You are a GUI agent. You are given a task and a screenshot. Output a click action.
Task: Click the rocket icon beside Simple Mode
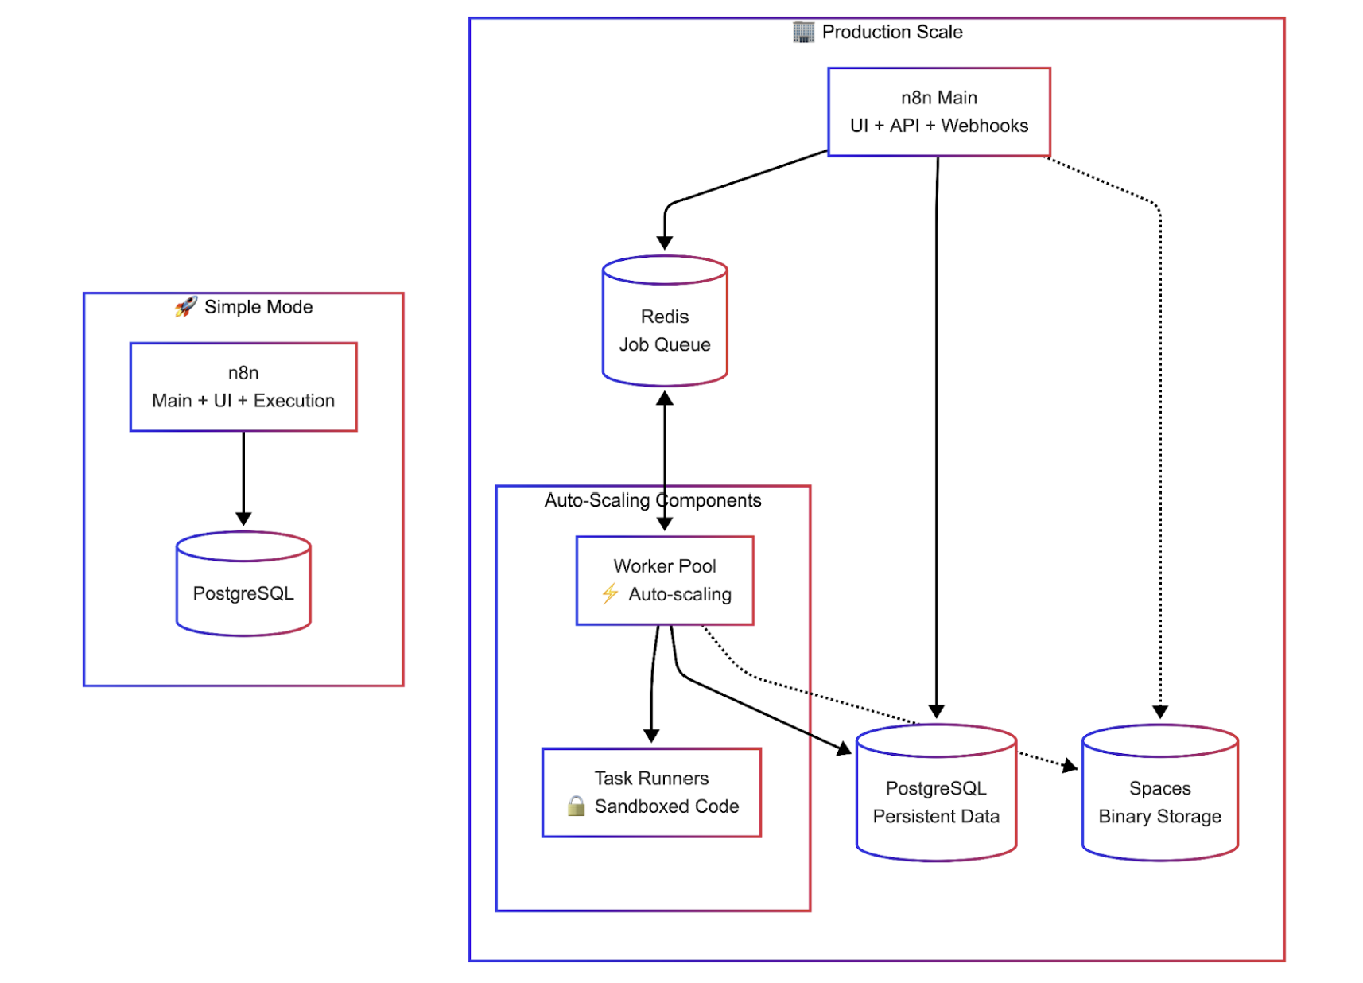[x=186, y=306]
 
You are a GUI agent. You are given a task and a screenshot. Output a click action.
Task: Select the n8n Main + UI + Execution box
[x=243, y=387]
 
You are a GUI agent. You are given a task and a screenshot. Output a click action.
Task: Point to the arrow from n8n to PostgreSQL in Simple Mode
[x=243, y=477]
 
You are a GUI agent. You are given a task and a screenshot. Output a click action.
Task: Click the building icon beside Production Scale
[x=803, y=32]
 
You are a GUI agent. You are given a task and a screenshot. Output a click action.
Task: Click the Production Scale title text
[x=891, y=32]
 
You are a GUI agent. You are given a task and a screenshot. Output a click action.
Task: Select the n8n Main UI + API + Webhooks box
[x=938, y=112]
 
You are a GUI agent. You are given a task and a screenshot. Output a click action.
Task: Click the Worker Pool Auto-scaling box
[x=665, y=581]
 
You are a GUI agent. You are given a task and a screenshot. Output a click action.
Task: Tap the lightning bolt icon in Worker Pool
[x=610, y=593]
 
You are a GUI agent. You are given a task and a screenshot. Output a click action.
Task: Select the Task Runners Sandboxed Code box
[x=651, y=792]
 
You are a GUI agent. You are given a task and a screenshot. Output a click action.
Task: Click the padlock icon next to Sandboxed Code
[x=576, y=806]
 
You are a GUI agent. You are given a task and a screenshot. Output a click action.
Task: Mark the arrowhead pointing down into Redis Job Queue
[x=665, y=243]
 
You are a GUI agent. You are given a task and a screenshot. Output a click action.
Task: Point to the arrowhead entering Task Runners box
[x=651, y=736]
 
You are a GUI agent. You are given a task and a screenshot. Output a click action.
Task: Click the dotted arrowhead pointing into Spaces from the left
[x=1070, y=766]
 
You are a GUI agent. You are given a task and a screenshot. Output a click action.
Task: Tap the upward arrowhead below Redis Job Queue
[x=665, y=398]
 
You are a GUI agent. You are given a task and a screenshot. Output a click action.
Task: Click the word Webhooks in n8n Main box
[x=984, y=126]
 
